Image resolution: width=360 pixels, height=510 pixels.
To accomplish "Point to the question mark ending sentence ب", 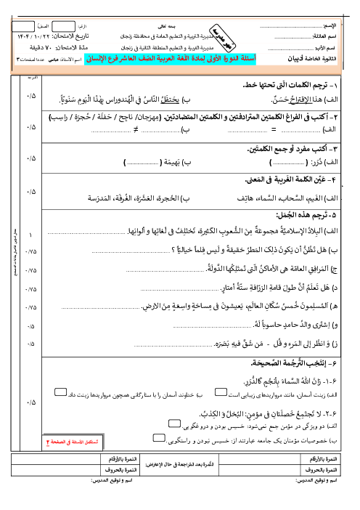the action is [191, 251].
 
